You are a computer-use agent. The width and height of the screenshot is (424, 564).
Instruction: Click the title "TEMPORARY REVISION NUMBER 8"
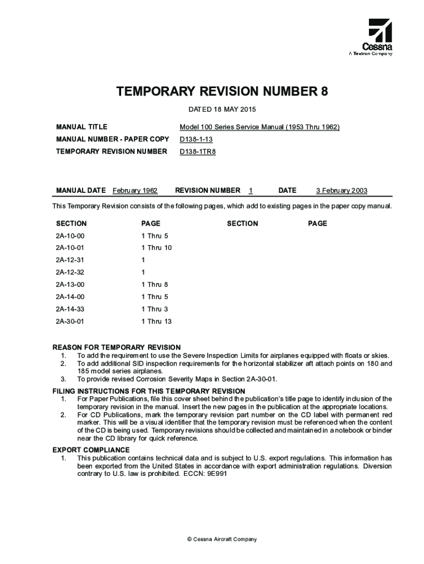(222, 91)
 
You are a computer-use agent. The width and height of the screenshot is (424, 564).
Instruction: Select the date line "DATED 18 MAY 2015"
(222, 109)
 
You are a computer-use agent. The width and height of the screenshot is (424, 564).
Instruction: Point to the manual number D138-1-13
(196, 139)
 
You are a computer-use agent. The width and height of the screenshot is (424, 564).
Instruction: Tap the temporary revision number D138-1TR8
(198, 151)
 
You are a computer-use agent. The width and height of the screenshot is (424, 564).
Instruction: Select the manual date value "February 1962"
(135, 191)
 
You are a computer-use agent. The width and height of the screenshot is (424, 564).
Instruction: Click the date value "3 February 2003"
(341, 191)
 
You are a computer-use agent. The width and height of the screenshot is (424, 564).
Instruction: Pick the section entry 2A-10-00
(70, 236)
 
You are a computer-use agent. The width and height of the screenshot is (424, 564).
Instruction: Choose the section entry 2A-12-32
(70, 272)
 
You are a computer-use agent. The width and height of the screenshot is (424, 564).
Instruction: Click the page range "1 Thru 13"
(156, 321)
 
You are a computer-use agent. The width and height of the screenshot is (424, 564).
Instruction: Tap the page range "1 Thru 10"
(156, 248)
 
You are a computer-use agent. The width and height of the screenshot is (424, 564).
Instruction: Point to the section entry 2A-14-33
(70, 309)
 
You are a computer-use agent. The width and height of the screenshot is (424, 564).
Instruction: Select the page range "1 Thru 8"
(155, 285)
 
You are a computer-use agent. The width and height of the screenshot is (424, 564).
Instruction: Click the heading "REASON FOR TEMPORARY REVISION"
(116, 348)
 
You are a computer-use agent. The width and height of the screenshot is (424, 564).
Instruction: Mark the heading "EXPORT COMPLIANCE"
(91, 450)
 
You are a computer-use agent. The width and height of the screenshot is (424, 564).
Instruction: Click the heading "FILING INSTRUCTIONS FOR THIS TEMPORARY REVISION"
(149, 391)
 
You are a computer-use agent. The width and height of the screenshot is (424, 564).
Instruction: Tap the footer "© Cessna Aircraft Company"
(221, 539)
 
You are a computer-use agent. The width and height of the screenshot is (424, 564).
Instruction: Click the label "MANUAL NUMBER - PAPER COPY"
(112, 139)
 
